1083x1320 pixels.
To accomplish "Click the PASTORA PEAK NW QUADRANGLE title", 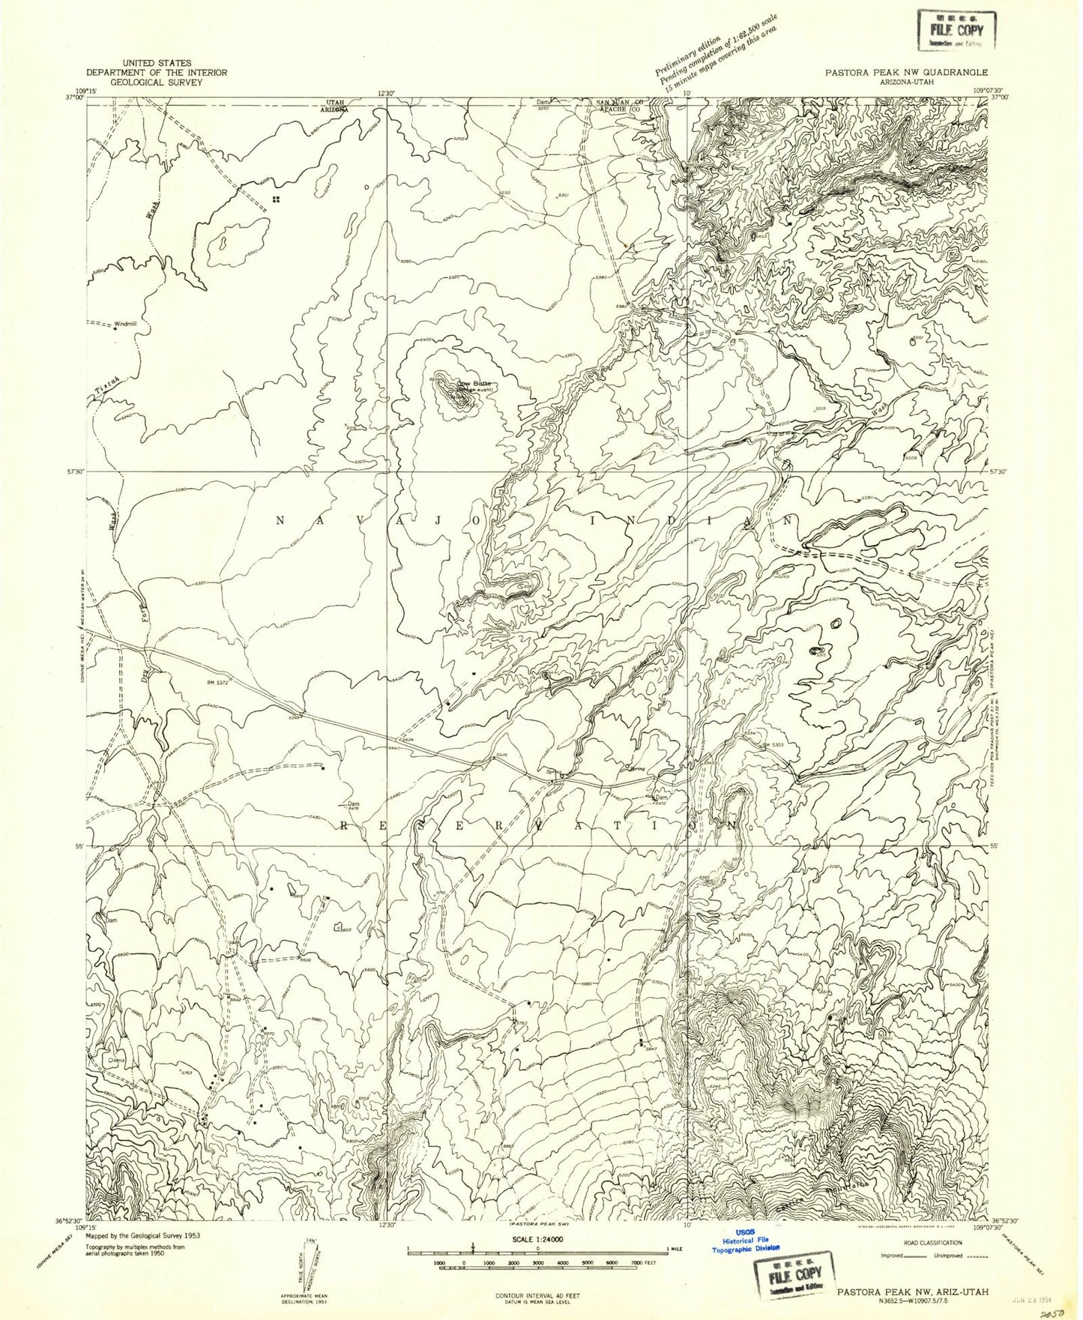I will click(x=906, y=73).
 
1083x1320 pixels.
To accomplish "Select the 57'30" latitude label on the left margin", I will click(x=76, y=471).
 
